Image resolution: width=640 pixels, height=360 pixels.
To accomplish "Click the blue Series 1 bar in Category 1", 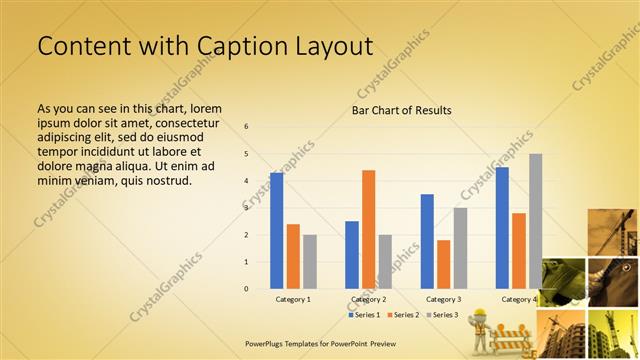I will (276, 231).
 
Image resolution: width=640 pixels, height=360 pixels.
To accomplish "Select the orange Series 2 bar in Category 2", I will (368, 229).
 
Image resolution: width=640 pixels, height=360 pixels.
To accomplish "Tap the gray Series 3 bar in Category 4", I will (536, 221).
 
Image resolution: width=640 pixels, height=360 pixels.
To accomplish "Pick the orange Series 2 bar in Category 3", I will (443, 264).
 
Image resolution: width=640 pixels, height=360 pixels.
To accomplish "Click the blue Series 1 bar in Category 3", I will (427, 241).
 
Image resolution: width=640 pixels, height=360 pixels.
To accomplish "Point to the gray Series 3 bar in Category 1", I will (310, 262).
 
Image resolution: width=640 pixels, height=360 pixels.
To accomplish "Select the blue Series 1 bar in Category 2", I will (352, 255).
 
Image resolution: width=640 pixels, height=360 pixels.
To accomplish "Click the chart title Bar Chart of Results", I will (401, 110).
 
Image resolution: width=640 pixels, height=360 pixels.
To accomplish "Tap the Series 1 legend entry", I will (363, 315).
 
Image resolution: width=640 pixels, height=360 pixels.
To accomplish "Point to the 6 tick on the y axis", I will (246, 127).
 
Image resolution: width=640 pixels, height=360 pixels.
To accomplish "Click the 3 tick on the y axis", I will (246, 208).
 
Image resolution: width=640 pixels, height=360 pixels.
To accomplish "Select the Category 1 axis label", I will (293, 299).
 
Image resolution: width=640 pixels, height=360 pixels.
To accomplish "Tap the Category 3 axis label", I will (443, 299).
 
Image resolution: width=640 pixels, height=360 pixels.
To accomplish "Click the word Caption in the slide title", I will (234, 47).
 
